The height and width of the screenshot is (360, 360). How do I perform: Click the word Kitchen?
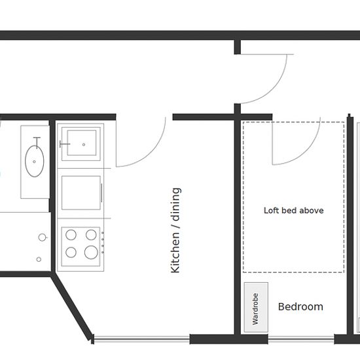coord(175,253)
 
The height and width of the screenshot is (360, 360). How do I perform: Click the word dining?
coord(176,204)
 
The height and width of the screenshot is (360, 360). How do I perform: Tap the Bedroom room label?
coord(300,307)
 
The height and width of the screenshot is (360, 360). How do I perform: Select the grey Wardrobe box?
coord(256,307)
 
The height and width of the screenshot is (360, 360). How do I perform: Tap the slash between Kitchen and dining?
coord(177,226)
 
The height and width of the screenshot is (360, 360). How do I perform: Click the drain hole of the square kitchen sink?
coord(84,145)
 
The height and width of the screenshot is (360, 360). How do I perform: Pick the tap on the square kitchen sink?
coord(65,144)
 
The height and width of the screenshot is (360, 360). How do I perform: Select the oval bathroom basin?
coord(35,161)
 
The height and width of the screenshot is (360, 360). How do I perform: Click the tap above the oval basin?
coord(37,142)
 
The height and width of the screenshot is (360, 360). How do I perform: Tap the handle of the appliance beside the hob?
coord(101,193)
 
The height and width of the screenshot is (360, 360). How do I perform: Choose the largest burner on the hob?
coord(91,252)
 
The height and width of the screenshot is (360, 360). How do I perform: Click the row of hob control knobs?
coord(103,242)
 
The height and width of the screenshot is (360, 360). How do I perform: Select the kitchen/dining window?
coord(142,339)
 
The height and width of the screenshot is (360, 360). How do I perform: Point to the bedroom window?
coord(301,339)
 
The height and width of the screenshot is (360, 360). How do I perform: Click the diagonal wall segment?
coord(71,306)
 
